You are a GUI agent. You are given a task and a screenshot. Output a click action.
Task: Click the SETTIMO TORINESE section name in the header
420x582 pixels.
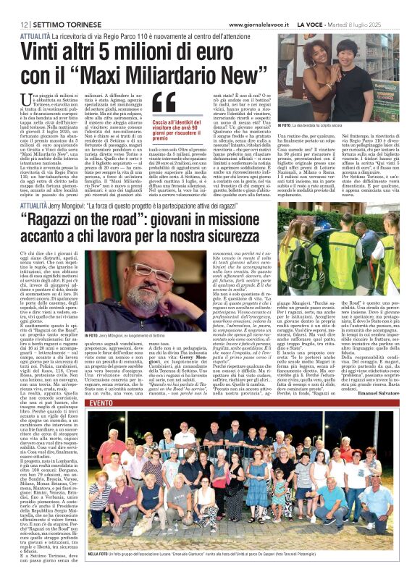click(x=67, y=6)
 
